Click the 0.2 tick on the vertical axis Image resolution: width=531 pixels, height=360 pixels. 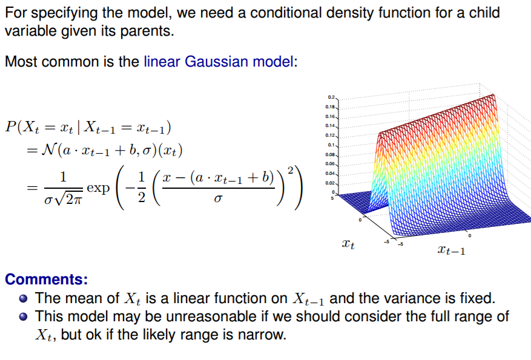tap(331, 97)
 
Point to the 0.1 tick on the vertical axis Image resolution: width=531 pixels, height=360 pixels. tap(331, 145)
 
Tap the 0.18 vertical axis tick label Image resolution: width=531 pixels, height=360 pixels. tap(330, 106)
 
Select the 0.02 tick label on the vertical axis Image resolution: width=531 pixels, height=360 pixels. tap(330, 183)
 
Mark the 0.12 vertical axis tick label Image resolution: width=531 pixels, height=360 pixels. tap(330, 136)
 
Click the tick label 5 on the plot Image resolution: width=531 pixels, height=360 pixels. tap(332, 198)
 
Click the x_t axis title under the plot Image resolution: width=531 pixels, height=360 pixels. tap(348, 244)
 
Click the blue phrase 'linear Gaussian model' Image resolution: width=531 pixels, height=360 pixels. tap(219, 62)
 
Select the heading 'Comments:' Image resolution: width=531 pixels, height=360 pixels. tap(47, 280)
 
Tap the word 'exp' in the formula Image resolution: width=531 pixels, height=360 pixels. tap(98, 188)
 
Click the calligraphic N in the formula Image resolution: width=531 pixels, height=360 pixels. tap(49, 149)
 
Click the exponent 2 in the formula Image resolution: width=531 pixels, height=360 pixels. tap(290, 170)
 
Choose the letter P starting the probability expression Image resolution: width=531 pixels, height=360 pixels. tap(10, 127)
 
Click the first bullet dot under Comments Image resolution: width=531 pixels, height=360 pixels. tap(24, 298)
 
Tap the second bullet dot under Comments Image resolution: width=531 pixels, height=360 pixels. tap(24, 316)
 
